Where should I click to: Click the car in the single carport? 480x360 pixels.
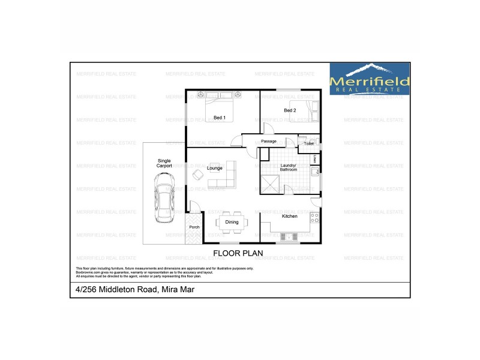[163, 197]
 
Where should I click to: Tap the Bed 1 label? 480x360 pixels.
[220, 118]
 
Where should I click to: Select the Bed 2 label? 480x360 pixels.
[290, 110]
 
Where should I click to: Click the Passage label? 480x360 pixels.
[268, 142]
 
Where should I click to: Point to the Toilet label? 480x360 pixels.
[308, 144]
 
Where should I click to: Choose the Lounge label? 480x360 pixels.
[215, 169]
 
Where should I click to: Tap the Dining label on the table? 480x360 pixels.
[232, 222]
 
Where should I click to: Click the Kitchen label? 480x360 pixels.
[290, 216]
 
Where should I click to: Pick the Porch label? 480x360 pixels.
[194, 227]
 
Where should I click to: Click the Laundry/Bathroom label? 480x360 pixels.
[288, 168]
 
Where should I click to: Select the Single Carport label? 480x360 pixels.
[164, 163]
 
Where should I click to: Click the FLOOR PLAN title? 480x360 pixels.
[235, 253]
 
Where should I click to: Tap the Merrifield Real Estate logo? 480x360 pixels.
[370, 79]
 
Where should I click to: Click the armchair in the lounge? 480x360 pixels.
[197, 175]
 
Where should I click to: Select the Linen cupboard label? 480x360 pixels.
[316, 159]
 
